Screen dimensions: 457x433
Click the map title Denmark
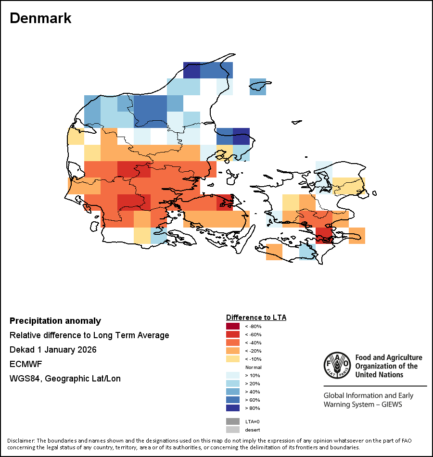coord(40,18)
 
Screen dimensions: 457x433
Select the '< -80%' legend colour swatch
coord(233,326)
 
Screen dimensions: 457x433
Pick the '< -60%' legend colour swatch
coord(233,334)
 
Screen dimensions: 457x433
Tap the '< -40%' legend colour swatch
coord(233,343)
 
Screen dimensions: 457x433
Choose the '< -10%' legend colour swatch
coord(233,359)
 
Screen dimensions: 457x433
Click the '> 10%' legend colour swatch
coord(233,375)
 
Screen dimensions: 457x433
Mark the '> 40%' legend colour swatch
coord(233,392)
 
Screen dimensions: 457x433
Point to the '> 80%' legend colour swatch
coord(233,408)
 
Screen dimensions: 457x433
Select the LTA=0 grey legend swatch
coord(233,421)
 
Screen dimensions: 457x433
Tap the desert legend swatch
coord(233,430)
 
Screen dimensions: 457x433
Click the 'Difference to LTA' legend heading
coord(256,317)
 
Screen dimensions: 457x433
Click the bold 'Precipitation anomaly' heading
coord(55,321)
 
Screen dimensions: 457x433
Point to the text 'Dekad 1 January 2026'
coord(53,350)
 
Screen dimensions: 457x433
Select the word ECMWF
coord(24,364)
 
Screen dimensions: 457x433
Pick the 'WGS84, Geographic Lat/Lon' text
coord(65,379)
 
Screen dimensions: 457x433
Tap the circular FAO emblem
coord(336,366)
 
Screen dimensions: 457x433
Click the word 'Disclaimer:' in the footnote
coord(21,441)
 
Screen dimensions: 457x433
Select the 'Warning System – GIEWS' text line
coord(363,404)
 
